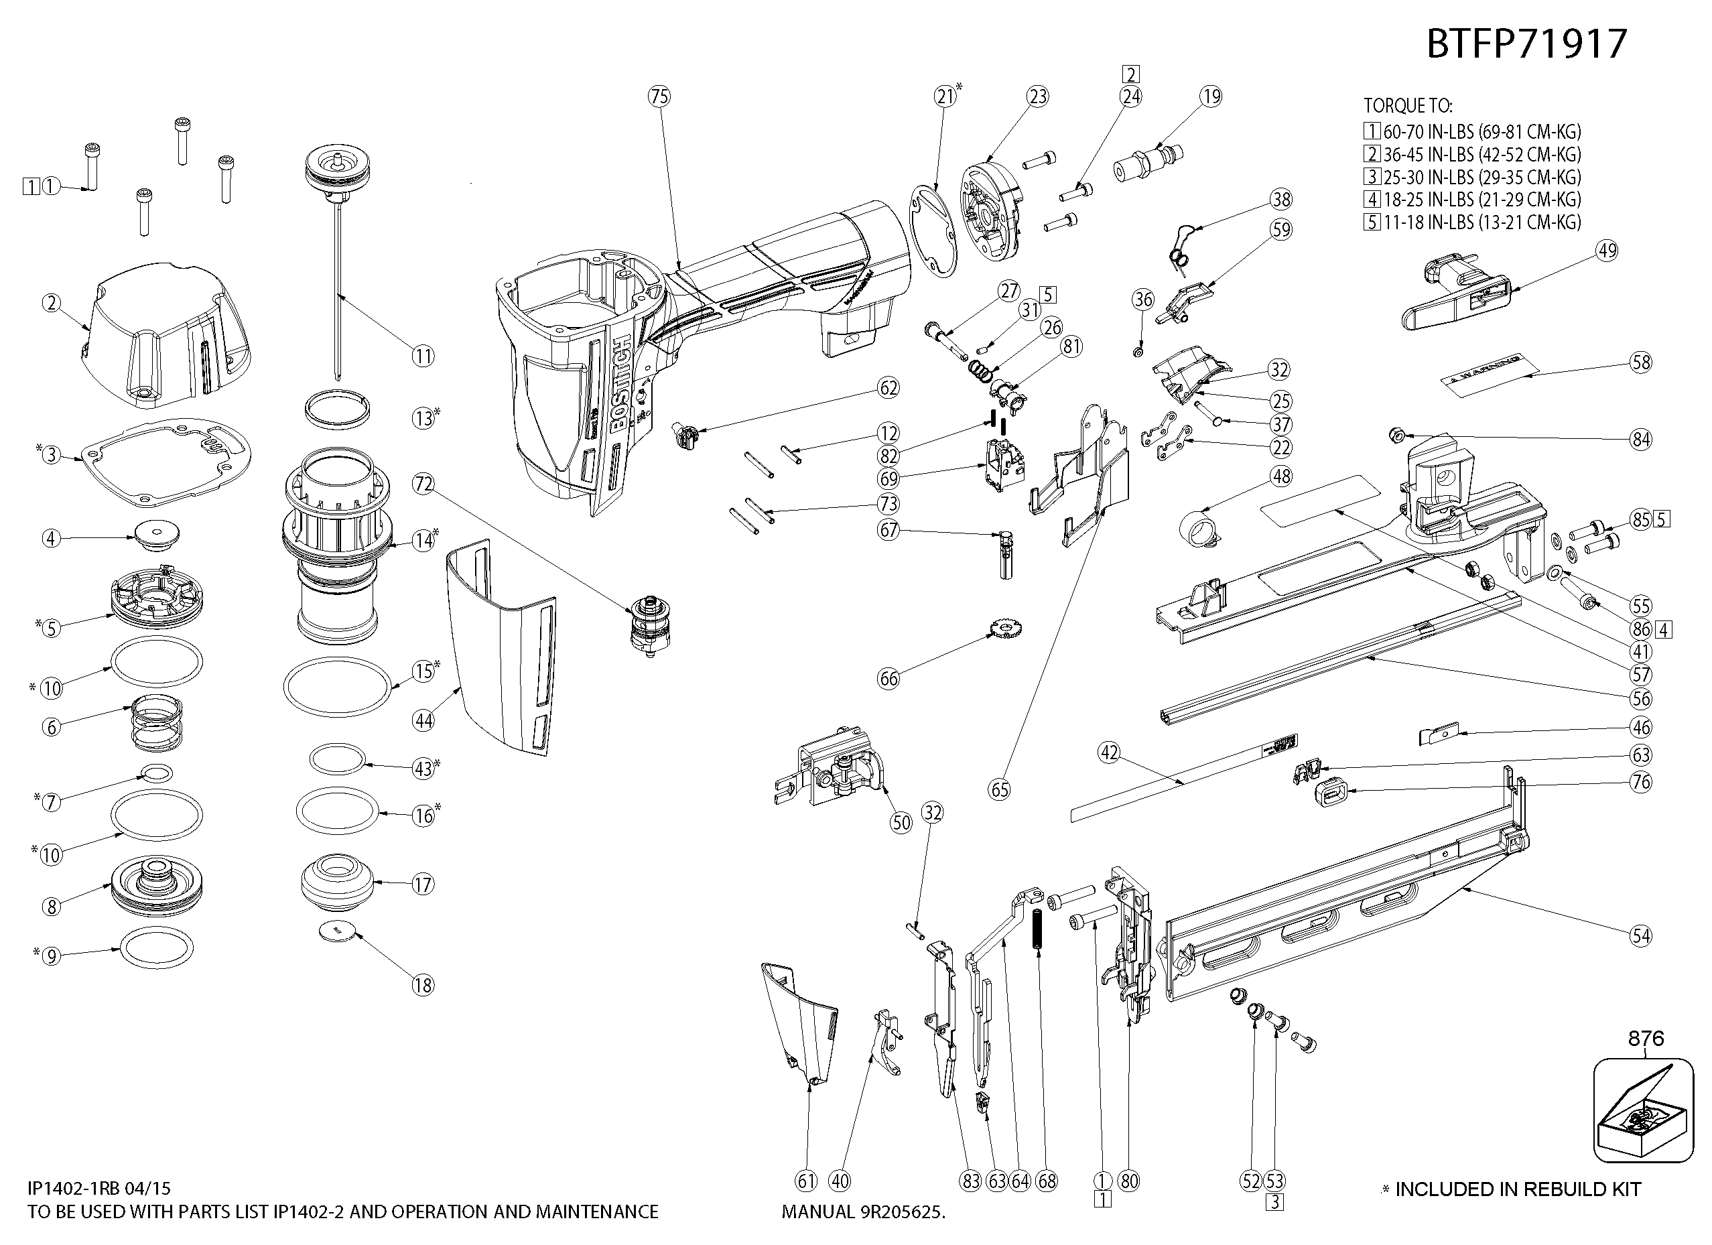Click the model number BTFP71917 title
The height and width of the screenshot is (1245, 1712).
pyautogui.click(x=1526, y=44)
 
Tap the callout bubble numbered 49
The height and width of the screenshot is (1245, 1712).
pyautogui.click(x=1607, y=251)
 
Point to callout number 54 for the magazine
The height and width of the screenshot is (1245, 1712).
pyautogui.click(x=1640, y=936)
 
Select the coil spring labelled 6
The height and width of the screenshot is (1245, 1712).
pyautogui.click(x=159, y=722)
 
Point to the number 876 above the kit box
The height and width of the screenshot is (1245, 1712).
pyautogui.click(x=1646, y=1039)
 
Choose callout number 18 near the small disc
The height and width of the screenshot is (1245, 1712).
pyautogui.click(x=423, y=984)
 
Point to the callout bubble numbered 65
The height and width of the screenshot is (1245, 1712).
pyautogui.click(x=1000, y=790)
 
